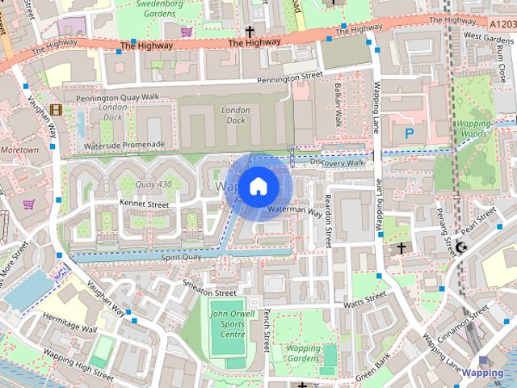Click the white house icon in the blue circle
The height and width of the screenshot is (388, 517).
[x=258, y=186]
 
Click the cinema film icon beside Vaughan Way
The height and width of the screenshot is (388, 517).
[x=55, y=109]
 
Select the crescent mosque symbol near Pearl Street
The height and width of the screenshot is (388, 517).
[x=461, y=247]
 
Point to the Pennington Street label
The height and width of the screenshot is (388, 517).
[x=290, y=78]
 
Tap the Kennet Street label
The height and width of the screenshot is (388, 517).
[x=144, y=205]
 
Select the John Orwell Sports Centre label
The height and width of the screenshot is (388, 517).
[x=227, y=324]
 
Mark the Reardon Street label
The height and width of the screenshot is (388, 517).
[x=328, y=220]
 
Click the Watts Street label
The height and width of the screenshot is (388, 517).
[x=365, y=301]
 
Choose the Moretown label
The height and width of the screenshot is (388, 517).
[x=19, y=150]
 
